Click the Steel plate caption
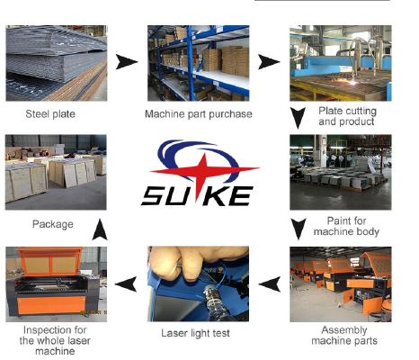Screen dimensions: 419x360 pos(50,114)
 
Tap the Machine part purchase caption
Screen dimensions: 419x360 pos(199,114)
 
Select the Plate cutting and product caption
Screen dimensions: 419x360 pos(347,116)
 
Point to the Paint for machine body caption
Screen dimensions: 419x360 pos(346,226)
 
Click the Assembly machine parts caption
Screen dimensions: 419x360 pos(344,336)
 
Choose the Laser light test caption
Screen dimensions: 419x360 pos(195,333)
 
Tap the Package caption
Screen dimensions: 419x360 pos(53,224)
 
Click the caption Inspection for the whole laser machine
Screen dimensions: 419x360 pos(55,340)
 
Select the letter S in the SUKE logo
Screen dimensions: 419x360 pos(154,196)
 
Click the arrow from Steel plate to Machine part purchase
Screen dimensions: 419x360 pos(127,62)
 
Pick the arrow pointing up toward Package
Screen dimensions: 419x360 pos(100,229)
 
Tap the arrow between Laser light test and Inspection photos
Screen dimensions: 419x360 pos(126,283)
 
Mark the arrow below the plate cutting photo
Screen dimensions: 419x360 pos(298,118)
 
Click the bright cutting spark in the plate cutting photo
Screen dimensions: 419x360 pos(353,82)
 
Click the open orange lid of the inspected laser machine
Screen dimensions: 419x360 pos(50,261)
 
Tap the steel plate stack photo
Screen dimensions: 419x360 pos(57,63)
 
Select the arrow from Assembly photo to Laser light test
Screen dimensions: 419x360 pos(270,283)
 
